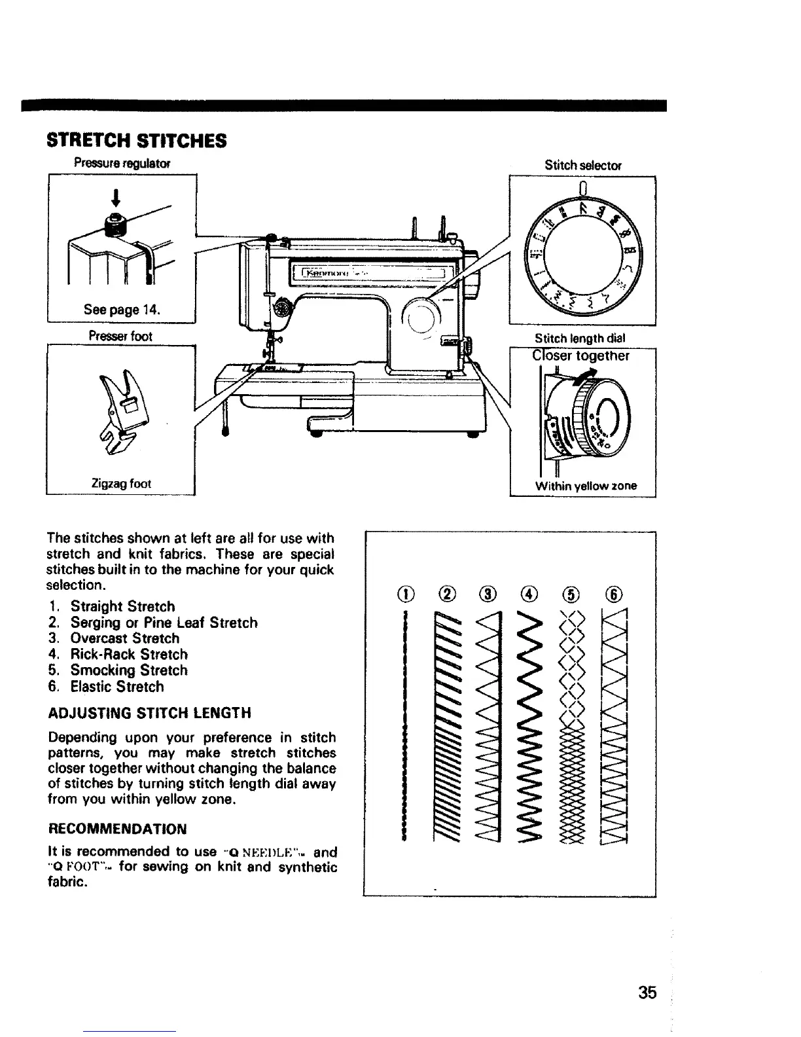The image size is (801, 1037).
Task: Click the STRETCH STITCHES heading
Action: pos(137,140)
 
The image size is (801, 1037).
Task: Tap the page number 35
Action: pos(647,992)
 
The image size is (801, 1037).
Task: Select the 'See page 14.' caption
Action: pos(123,310)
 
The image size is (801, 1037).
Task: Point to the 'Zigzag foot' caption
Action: pos(121,483)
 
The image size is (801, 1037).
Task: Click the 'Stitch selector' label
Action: pos(582,166)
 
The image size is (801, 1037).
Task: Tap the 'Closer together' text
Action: pos(581,356)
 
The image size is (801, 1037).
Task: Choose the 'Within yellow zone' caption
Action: pos(586,486)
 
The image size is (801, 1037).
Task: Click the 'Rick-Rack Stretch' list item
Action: pos(129,654)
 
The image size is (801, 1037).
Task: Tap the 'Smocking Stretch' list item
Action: pos(129,670)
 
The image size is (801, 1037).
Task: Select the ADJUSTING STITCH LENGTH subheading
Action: pos(150,712)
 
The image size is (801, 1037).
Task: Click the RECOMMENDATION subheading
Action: pos(118,829)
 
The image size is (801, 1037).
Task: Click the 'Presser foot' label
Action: pos(120,337)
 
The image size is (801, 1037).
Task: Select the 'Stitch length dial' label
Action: pos(580,338)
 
